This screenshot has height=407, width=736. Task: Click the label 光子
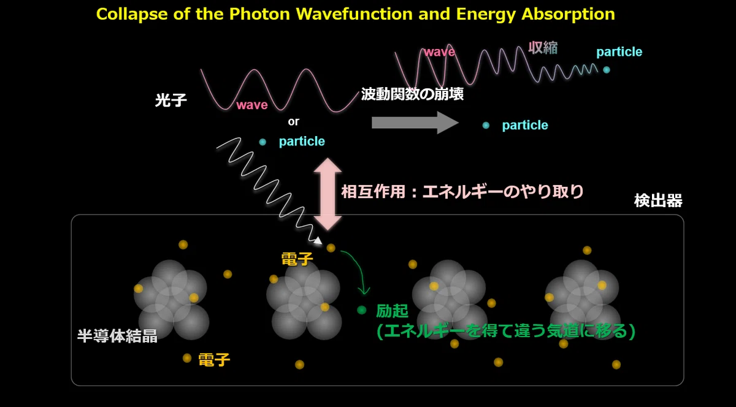pos(171,100)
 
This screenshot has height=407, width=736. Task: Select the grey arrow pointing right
pos(415,123)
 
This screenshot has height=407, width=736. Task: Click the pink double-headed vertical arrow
pos(328,194)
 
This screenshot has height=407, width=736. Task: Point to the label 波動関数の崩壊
pos(412,94)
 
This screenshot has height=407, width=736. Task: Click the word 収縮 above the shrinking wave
pos(543,48)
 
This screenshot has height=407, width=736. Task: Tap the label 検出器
pos(658,200)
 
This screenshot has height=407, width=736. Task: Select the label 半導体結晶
pos(117,336)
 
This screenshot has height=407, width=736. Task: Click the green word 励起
pos(393,310)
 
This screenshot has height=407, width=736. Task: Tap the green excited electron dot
pos(361,310)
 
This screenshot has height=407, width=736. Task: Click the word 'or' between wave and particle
pos(293,121)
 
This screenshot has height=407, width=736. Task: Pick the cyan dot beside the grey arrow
pos(486,125)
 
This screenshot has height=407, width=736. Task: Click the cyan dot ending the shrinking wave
pos(607,70)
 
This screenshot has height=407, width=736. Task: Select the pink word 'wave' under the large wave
pos(252,105)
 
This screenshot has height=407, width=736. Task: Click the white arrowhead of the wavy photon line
pos(317,241)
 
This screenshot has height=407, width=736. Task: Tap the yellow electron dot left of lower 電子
pos(187,358)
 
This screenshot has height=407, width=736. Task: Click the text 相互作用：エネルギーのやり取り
pos(462,191)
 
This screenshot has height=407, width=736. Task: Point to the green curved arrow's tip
pos(364,294)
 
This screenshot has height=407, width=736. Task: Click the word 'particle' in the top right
pos(619,52)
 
